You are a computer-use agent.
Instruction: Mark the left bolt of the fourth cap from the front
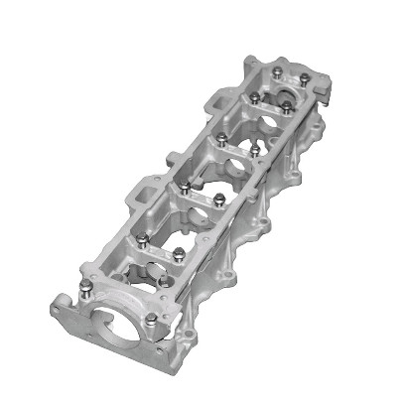[x=220, y=137]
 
